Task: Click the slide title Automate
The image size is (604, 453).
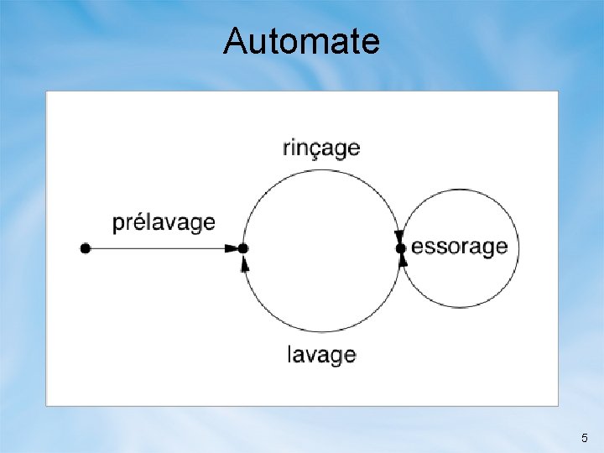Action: [301, 40]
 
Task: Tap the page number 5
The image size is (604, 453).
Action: [585, 438]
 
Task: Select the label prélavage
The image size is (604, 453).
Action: [164, 223]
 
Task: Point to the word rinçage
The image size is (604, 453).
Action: [321, 149]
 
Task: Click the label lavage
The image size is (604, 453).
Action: [321, 354]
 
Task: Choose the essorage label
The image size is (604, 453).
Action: [460, 247]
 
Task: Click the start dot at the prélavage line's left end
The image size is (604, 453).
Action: [85, 248]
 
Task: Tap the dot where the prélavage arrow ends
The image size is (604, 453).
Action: [243, 248]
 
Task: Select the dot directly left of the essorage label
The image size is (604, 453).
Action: [401, 248]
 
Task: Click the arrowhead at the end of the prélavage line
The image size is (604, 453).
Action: [232, 248]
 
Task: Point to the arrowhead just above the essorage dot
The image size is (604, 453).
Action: [399, 237]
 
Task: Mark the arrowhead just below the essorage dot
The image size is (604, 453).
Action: [403, 260]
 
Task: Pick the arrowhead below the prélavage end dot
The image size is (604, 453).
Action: [245, 263]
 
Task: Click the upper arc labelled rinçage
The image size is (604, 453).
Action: [321, 170]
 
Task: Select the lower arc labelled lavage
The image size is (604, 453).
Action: [321, 330]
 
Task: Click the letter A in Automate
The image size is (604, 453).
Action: [235, 40]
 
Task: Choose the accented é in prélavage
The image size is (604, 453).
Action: [139, 222]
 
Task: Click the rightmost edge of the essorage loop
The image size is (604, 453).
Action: [518, 248]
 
